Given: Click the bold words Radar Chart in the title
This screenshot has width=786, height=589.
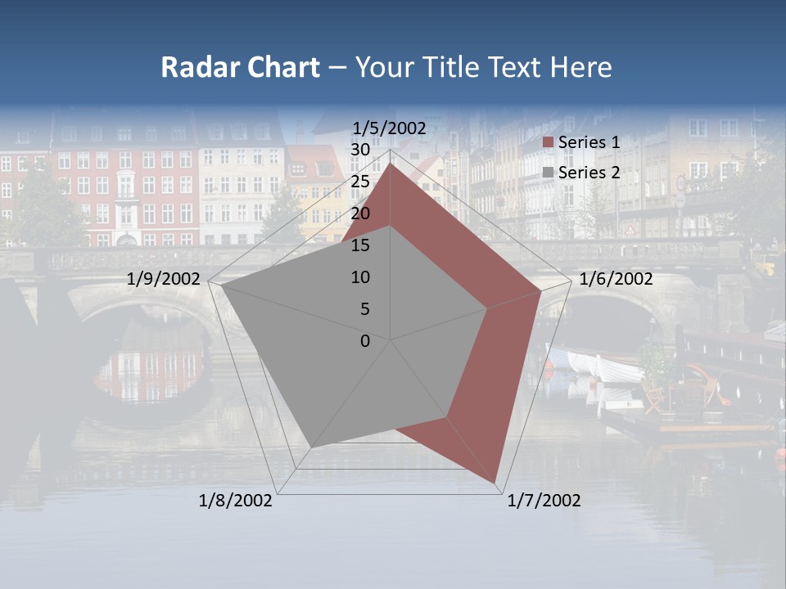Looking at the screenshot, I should [240, 67].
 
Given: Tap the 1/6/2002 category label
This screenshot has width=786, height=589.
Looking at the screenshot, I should [616, 279].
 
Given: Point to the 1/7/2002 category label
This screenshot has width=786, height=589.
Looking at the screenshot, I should [544, 501].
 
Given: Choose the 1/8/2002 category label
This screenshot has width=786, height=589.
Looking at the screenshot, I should [235, 501].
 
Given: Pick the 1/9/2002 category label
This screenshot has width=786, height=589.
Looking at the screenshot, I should [164, 279].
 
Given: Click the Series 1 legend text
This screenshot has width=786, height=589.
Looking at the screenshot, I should [589, 142].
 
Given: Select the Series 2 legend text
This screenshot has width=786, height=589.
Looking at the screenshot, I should [589, 173].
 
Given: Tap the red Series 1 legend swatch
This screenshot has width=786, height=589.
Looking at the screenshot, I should [549, 143].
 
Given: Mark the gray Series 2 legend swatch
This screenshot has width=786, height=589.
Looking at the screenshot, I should [549, 173].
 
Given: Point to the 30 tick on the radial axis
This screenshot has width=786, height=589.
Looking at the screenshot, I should [360, 150].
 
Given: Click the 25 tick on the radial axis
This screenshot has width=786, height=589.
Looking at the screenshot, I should [360, 182].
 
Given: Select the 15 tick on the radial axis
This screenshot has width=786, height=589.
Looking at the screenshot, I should [360, 245].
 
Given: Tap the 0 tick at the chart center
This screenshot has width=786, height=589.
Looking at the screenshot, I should [365, 341].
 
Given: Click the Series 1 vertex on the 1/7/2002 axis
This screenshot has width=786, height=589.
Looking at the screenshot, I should [496, 483].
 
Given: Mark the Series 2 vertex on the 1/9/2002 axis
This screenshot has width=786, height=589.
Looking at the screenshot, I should [222, 286].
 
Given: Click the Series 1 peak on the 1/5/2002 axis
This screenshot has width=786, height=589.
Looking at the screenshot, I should [391, 164].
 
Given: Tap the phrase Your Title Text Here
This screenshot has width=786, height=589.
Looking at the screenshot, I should [484, 67].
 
